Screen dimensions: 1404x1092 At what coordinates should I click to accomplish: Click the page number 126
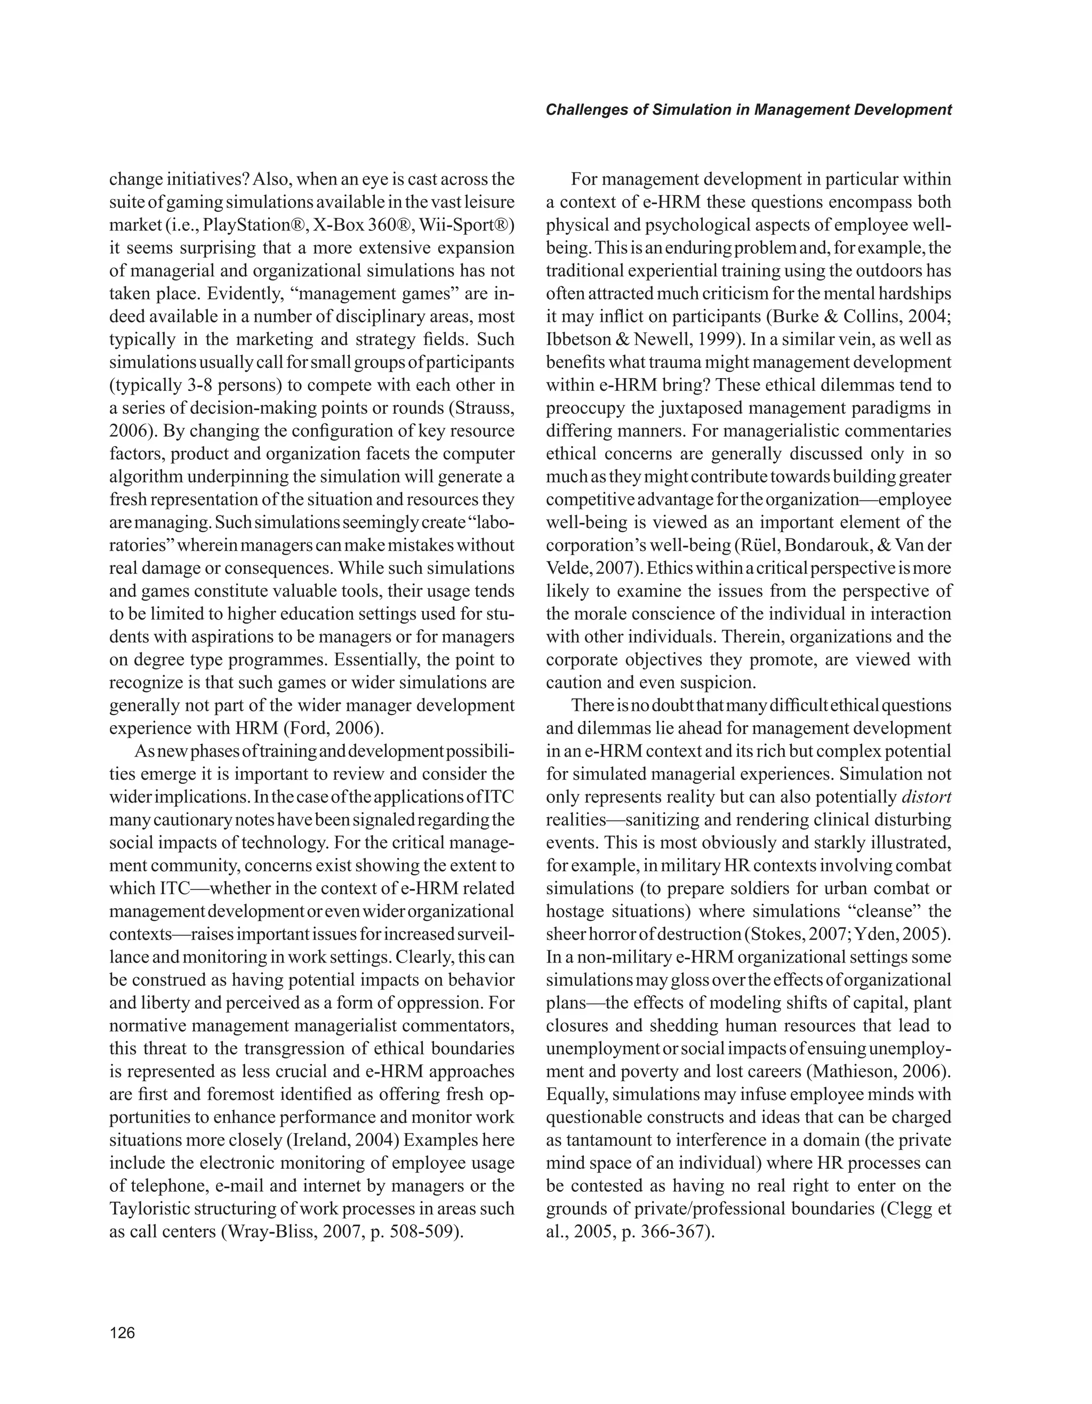pyautogui.click(x=122, y=1333)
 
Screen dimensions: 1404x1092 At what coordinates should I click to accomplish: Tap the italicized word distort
pyautogui.click(x=926, y=797)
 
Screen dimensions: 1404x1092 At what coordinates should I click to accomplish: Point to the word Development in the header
pyautogui.click(x=902, y=110)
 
